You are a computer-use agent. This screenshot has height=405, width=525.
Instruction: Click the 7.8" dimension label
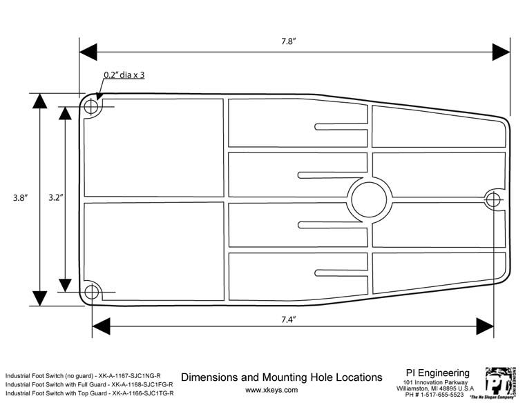(x=289, y=41)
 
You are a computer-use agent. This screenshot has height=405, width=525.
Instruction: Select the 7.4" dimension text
(x=288, y=319)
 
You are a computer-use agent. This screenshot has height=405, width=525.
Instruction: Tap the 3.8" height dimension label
(x=20, y=198)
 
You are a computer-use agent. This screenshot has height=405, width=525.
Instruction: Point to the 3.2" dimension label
(x=57, y=198)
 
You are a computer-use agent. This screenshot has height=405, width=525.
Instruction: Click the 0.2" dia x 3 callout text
(x=124, y=75)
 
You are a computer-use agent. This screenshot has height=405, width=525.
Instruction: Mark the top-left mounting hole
(x=91, y=108)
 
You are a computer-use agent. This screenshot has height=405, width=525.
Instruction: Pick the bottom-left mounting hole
(x=91, y=291)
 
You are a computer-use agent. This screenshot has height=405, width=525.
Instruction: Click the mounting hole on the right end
(x=493, y=199)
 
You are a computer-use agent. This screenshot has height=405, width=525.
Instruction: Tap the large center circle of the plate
(x=370, y=199)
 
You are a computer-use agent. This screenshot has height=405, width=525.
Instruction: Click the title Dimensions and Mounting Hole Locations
(x=281, y=377)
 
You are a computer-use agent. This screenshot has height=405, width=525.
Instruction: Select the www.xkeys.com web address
(x=271, y=390)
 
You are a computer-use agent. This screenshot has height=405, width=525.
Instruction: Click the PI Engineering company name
(x=437, y=373)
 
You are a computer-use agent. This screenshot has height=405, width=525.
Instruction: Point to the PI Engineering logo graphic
(x=500, y=382)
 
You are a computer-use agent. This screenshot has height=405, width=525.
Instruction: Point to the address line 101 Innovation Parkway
(x=436, y=382)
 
